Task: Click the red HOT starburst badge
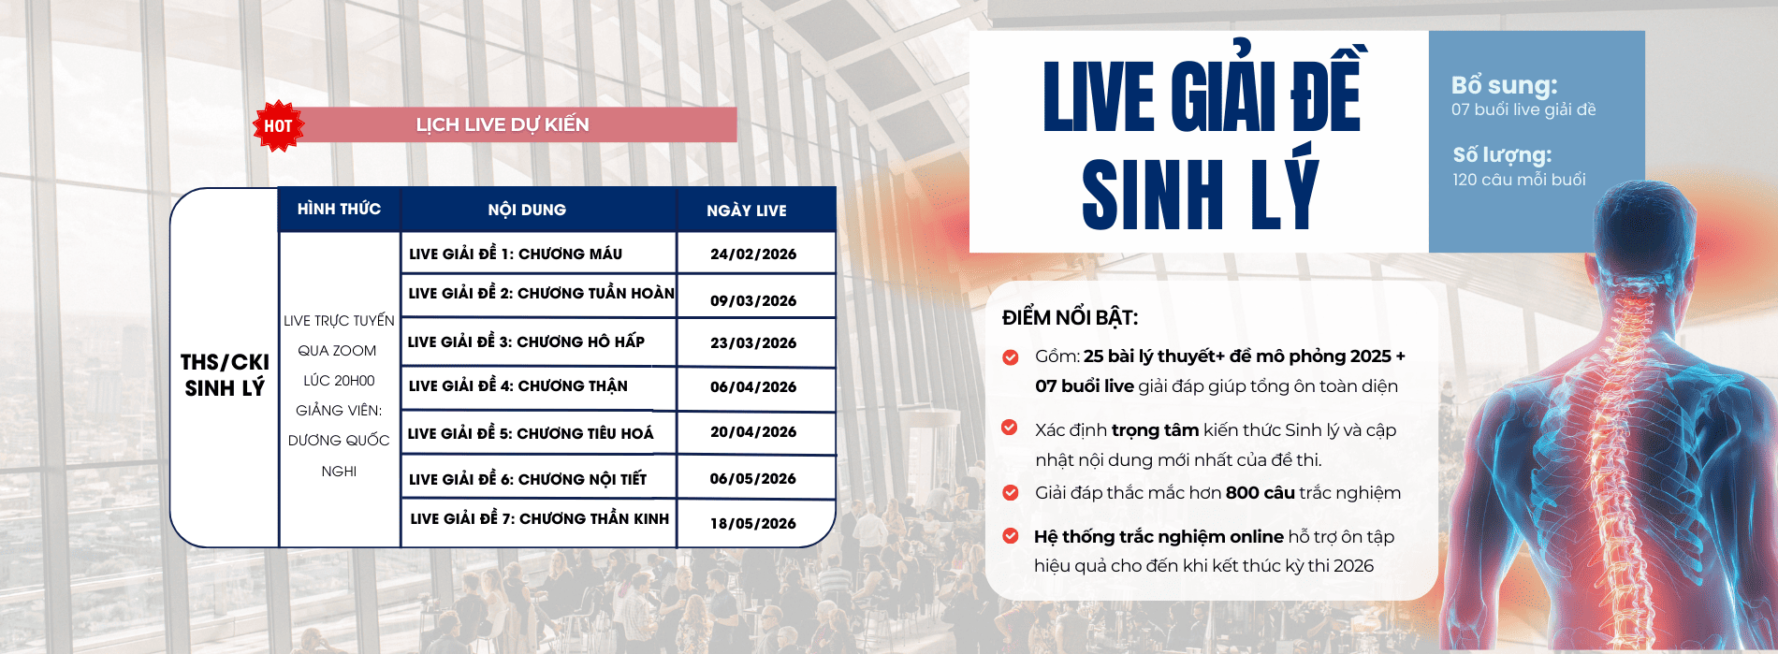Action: pyautogui.click(x=278, y=125)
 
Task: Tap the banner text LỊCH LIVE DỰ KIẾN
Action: pyautogui.click(x=503, y=124)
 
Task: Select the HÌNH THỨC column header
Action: pyautogui.click(x=339, y=209)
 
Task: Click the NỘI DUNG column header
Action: pyautogui.click(x=527, y=210)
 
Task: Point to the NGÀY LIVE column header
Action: pyautogui.click(x=747, y=211)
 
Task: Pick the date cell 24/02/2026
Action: pyautogui.click(x=753, y=254)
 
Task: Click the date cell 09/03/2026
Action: pyautogui.click(x=753, y=300)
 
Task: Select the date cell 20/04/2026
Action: pyautogui.click(x=753, y=431)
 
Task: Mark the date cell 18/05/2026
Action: pyautogui.click(x=753, y=523)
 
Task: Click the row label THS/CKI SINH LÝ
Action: pyautogui.click(x=225, y=375)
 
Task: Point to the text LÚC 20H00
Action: pyautogui.click(x=339, y=381)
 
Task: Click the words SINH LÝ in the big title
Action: pyautogui.click(x=1201, y=194)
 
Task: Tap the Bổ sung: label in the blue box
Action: pyautogui.click(x=1505, y=85)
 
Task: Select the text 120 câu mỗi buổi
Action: pyautogui.click(x=1519, y=179)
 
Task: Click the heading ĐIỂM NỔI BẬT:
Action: pyautogui.click(x=1070, y=317)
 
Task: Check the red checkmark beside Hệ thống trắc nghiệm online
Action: pyautogui.click(x=1011, y=536)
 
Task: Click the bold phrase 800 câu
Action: pyautogui.click(x=1261, y=492)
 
